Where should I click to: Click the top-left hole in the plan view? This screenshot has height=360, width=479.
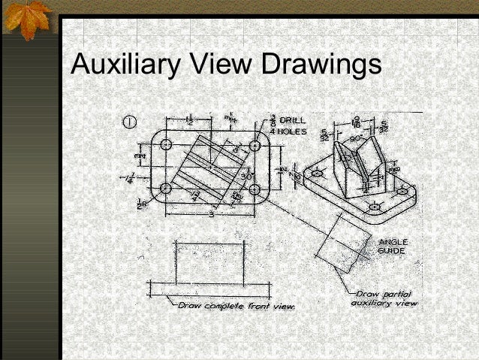[x=166, y=144]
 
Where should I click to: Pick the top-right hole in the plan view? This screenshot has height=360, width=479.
[x=255, y=145]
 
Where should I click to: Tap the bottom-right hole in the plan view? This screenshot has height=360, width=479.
[x=255, y=189]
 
